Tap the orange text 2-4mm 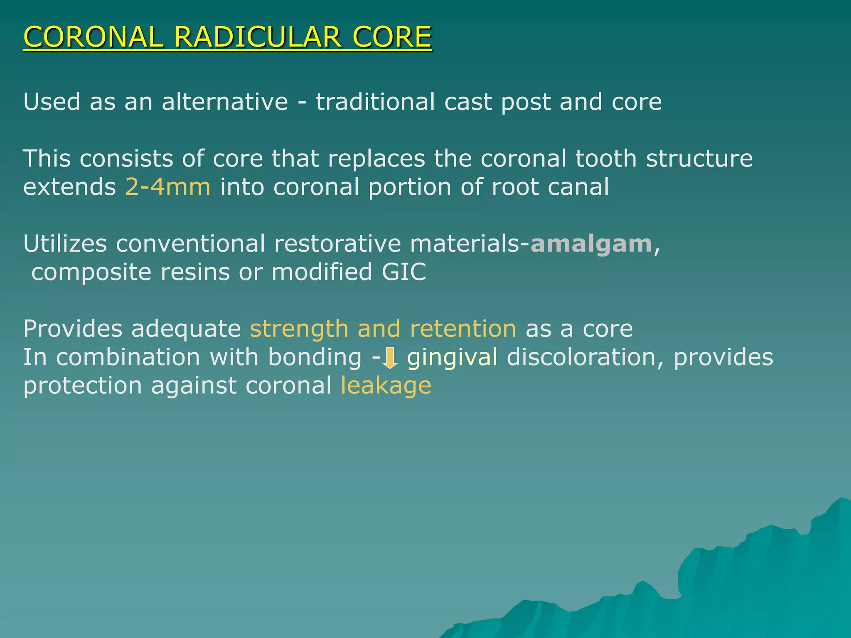coord(168,187)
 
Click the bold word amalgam coord(591,244)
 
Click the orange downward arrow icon coord(390,358)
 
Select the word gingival coord(452,358)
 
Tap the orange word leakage coord(386,386)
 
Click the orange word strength coord(299,329)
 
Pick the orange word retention coord(463,329)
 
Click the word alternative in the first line coord(225,102)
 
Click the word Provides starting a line coord(73,329)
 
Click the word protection coord(83,386)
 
